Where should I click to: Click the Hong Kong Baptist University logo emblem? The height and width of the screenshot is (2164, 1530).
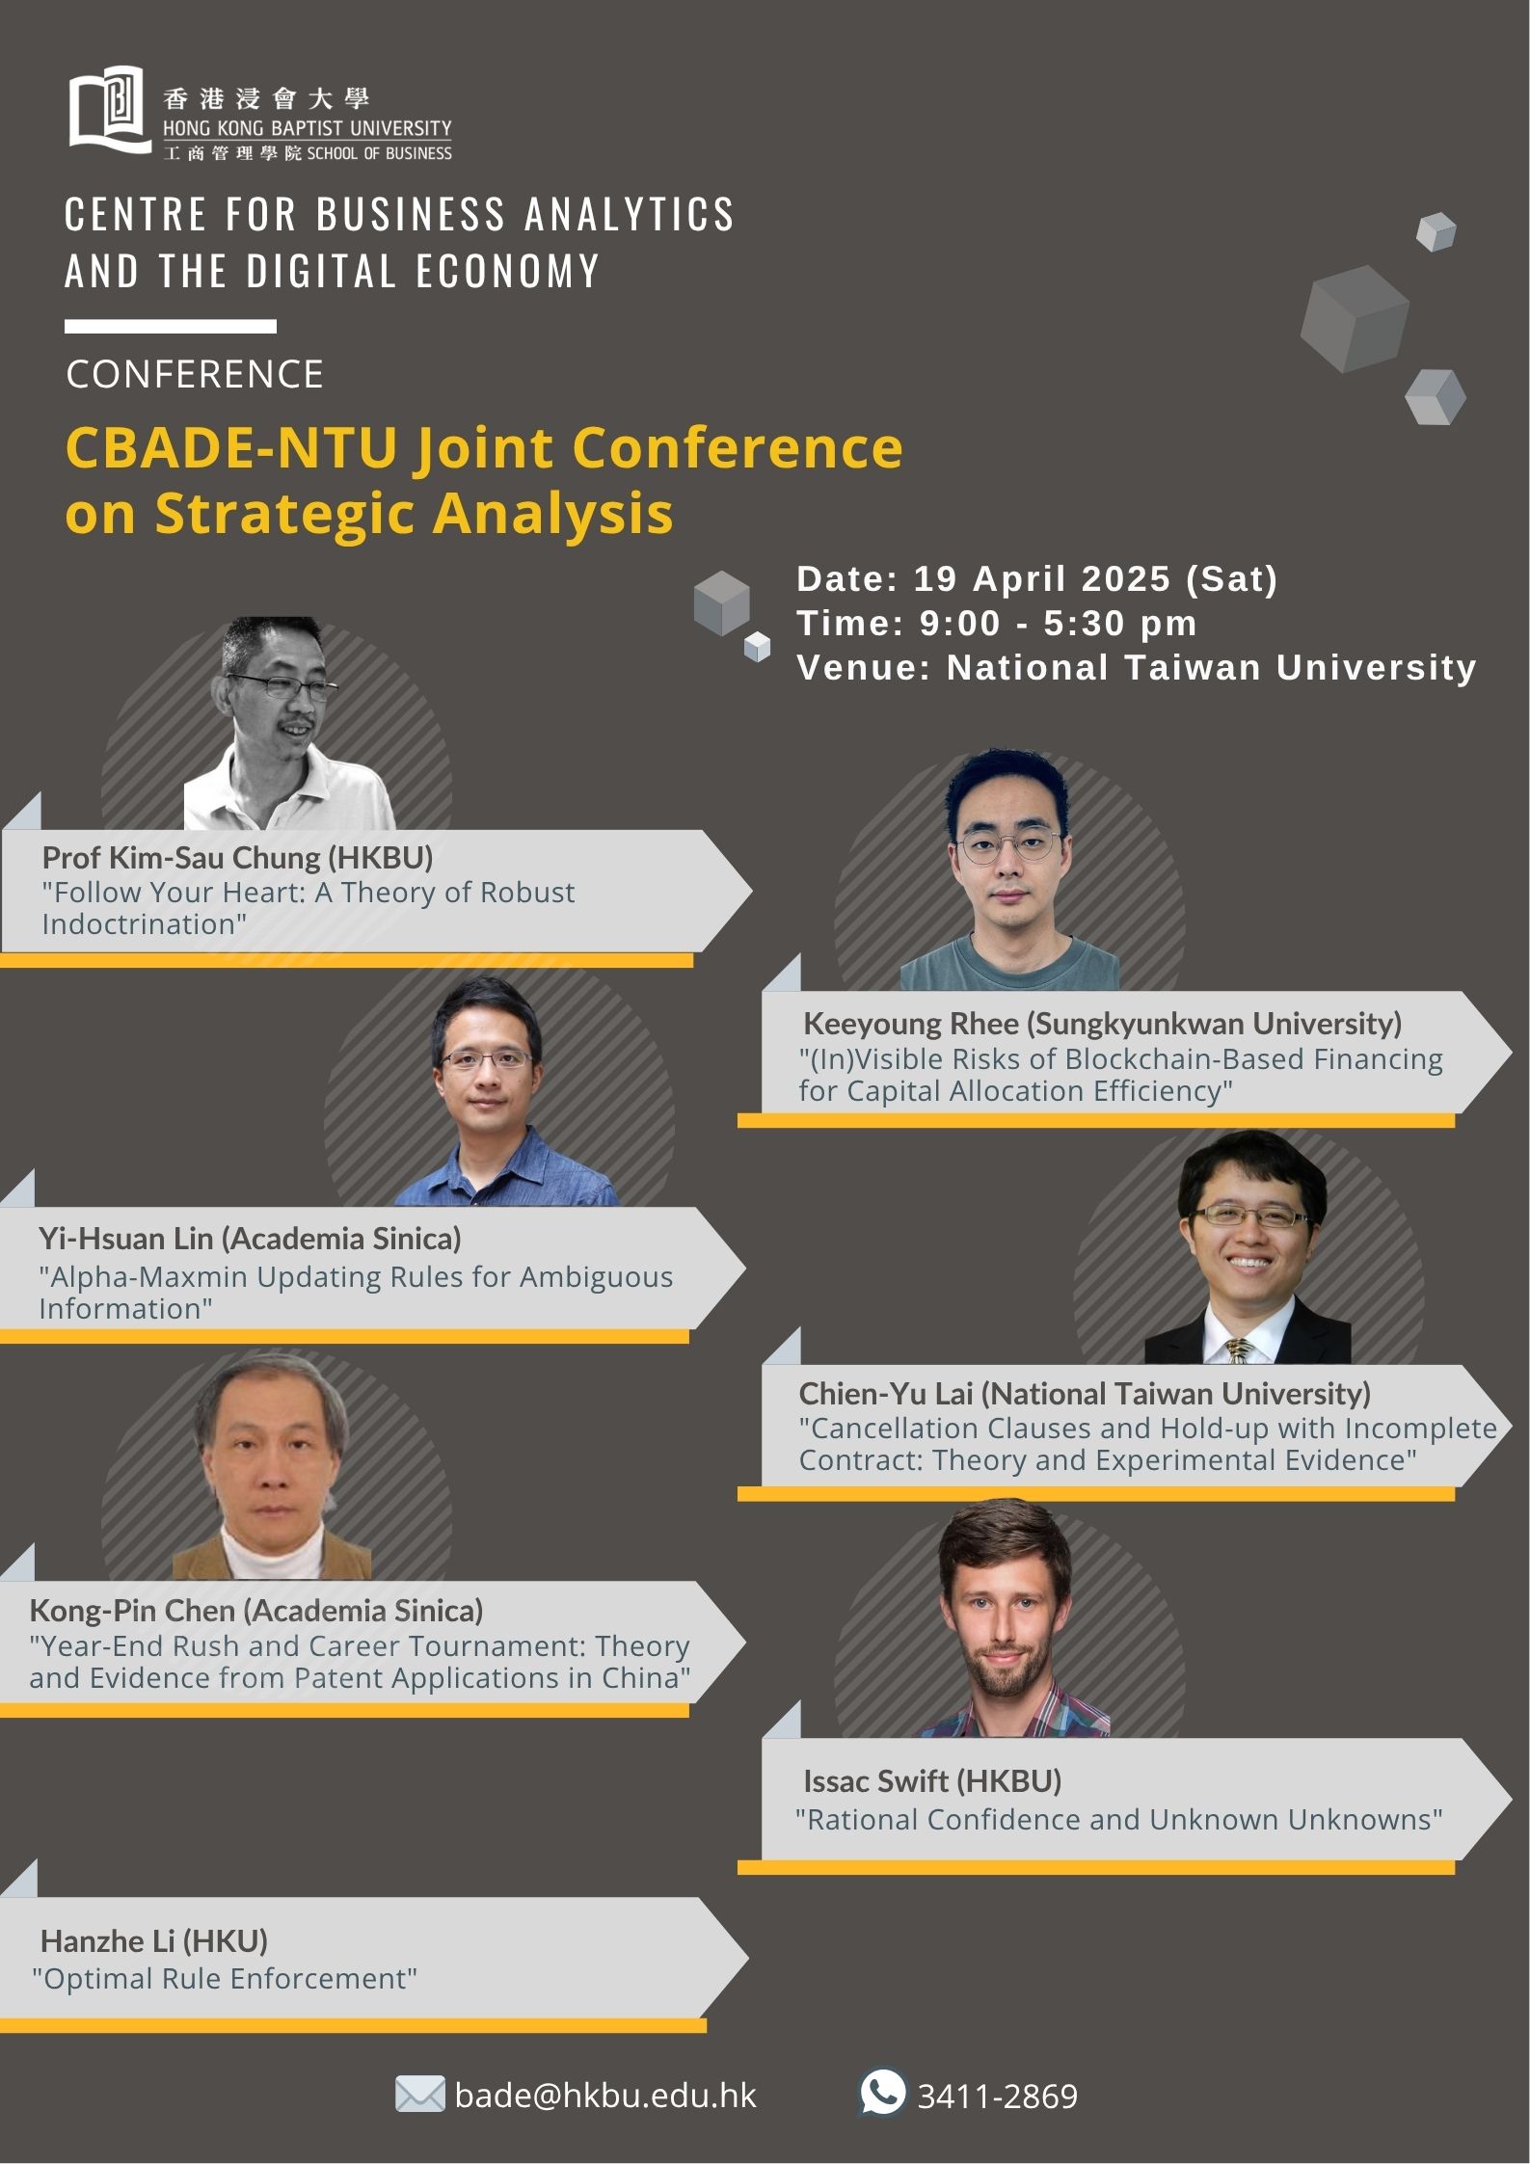[110, 109]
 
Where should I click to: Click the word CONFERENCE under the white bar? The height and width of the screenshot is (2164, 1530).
[195, 374]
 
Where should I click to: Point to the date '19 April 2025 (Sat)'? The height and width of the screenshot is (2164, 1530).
[1095, 578]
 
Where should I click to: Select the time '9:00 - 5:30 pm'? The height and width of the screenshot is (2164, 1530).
[1058, 623]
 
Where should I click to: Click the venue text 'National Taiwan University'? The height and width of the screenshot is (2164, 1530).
[1212, 667]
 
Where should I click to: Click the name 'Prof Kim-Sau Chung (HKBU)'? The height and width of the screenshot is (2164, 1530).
[237, 857]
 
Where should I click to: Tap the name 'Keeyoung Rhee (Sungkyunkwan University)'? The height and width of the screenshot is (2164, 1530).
[1103, 1023]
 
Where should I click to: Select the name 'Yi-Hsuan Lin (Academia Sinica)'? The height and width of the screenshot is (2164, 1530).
[250, 1238]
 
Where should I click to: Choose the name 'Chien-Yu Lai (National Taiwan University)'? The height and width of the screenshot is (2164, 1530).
[1085, 1393]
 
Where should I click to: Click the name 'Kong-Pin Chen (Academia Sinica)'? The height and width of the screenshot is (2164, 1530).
[256, 1610]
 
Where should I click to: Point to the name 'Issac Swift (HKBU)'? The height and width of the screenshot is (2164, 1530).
[932, 1780]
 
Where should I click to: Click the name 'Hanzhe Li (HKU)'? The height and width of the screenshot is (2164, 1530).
[154, 1940]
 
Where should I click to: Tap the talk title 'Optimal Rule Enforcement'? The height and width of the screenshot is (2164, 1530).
[225, 1979]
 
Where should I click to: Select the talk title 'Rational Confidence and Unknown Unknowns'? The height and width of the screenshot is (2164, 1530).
[1119, 1819]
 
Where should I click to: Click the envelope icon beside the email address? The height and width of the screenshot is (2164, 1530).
[420, 2095]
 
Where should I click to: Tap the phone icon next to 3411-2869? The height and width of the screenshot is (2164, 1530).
[882, 2093]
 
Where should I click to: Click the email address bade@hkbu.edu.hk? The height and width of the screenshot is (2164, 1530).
[605, 2096]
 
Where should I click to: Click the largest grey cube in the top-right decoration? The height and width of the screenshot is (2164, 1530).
[1355, 319]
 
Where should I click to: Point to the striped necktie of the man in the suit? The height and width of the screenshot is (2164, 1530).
[1240, 1350]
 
